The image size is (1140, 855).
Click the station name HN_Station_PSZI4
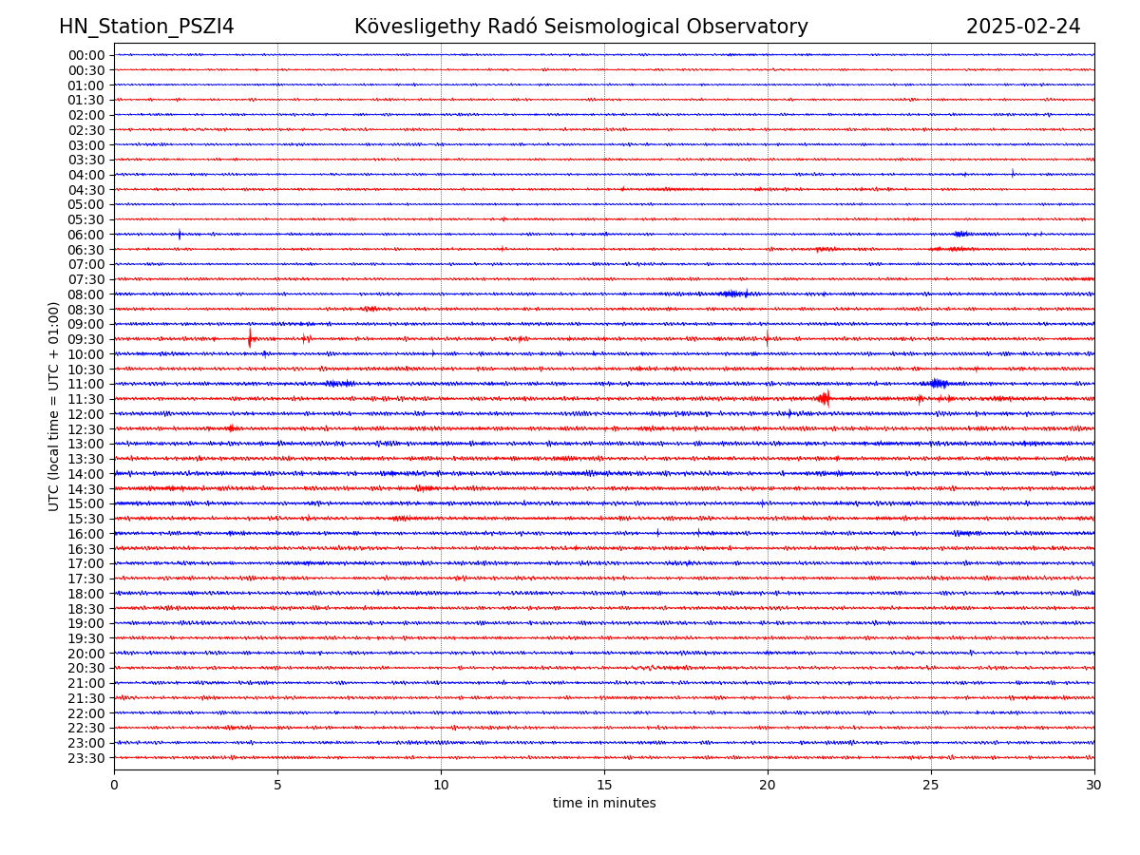146,27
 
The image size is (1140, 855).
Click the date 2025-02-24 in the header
1023,27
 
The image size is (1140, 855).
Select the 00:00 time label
85,55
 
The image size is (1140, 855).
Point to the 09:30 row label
85,339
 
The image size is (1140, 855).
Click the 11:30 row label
85,399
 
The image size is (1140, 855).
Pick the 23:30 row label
85,758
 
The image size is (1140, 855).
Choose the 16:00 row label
85,534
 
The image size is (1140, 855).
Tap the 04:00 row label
85,175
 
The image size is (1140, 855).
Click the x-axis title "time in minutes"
604,804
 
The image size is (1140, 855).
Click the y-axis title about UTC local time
54,407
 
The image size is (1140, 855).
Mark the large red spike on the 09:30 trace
250,337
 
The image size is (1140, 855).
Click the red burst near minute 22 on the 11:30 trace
824,399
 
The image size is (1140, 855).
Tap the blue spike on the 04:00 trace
1013,173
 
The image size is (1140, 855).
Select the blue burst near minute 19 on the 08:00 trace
733,294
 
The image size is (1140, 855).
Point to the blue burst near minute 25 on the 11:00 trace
938,384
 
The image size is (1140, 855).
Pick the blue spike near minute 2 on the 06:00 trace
180,234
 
